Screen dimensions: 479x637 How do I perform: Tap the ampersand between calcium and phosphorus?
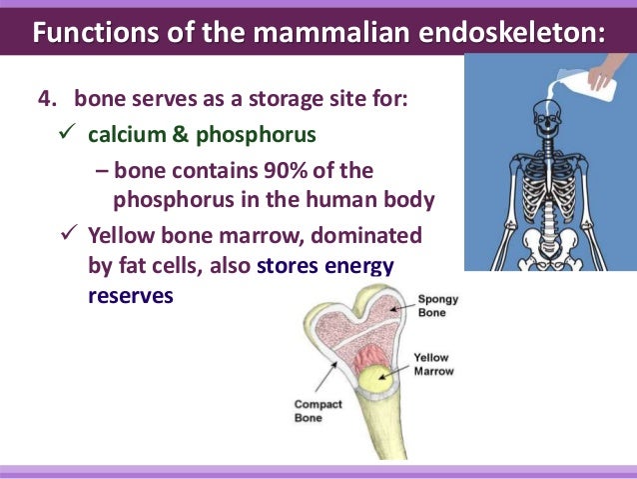180,133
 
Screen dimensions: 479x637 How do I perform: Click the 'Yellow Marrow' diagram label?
433,365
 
